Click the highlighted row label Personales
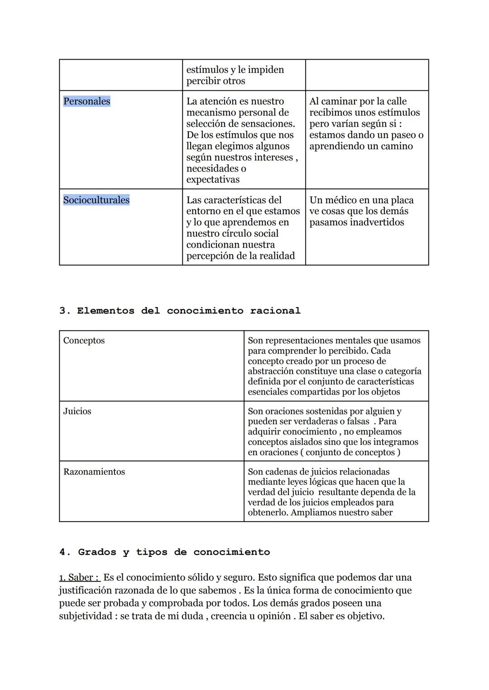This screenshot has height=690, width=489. [86, 101]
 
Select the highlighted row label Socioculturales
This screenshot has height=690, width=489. [96, 200]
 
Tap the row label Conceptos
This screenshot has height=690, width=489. [84, 341]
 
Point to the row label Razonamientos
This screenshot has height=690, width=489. [94, 472]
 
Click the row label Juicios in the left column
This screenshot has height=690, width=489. [77, 411]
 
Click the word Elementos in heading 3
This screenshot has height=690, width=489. [105, 311]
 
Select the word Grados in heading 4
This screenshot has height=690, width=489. [97, 552]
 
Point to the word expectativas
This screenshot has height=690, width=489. [213, 180]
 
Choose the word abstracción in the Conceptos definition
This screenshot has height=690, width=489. [271, 371]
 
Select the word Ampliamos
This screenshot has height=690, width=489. [312, 513]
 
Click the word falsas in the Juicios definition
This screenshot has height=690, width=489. [356, 421]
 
